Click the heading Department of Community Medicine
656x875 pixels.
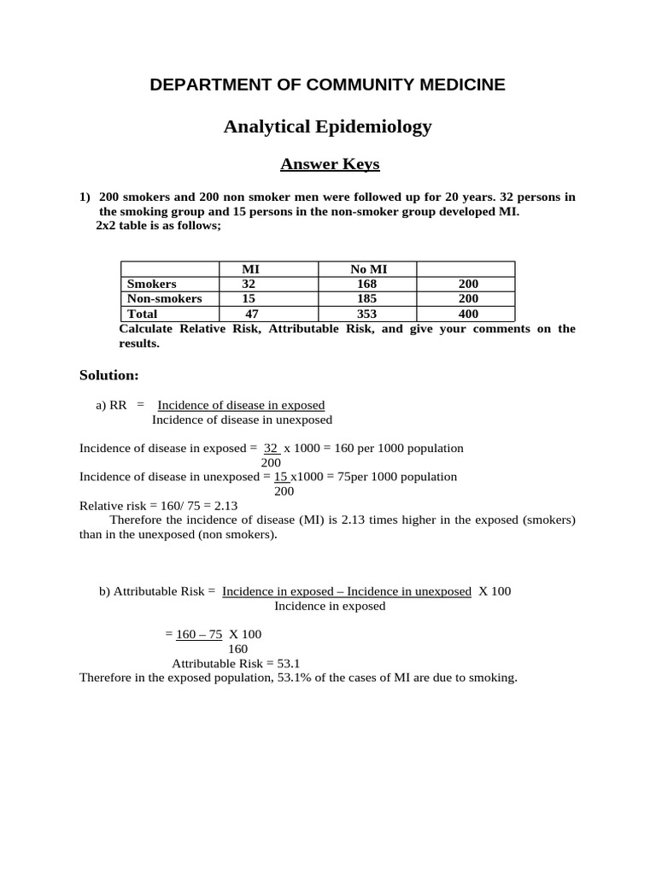[327, 85]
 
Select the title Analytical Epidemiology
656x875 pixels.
[327, 127]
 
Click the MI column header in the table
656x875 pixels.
[251, 269]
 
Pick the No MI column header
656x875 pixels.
[368, 269]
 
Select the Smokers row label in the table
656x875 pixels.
[152, 284]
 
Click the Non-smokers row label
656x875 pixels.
[165, 299]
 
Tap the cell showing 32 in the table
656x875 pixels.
[249, 284]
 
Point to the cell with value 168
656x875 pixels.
[368, 284]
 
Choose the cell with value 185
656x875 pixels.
[368, 299]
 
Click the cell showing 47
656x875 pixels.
[251, 314]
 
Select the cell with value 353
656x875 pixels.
[368, 314]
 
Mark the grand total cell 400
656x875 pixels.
[468, 314]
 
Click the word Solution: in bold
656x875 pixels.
[108, 375]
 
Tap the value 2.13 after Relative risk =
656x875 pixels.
[225, 505]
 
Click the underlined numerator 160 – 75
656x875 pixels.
[199, 634]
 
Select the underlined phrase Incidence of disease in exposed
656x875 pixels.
[241, 405]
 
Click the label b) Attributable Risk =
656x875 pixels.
[157, 591]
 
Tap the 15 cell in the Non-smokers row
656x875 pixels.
[249, 299]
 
